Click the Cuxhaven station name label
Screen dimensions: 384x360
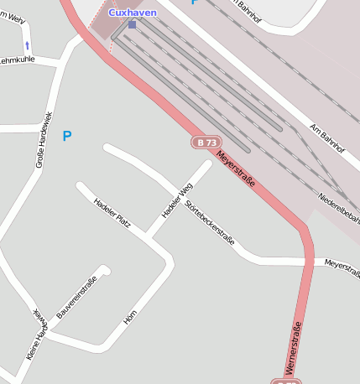pyautogui.click(x=132, y=13)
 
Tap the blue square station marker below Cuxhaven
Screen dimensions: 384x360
pyautogui.click(x=132, y=24)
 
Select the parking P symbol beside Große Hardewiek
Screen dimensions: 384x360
pyautogui.click(x=67, y=136)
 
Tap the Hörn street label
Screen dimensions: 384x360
pyautogui.click(x=130, y=316)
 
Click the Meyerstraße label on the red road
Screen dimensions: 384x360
pyautogui.click(x=236, y=168)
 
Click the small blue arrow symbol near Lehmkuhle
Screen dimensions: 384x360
pyautogui.click(x=27, y=45)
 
